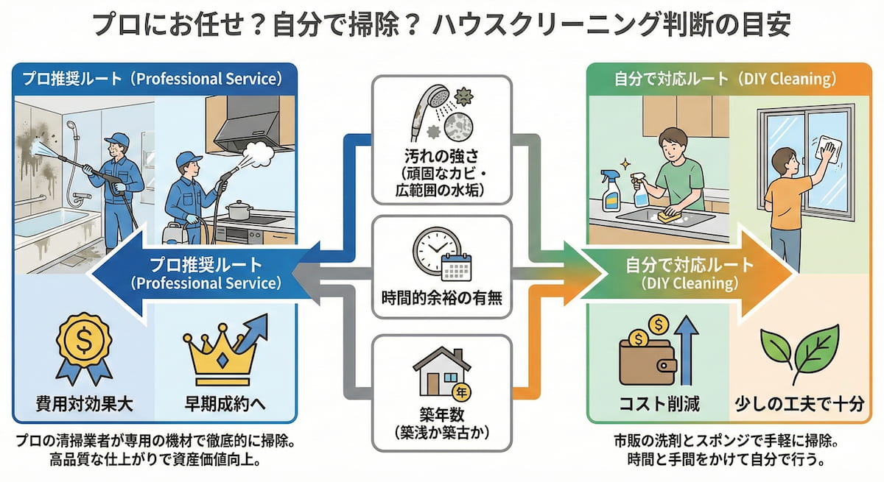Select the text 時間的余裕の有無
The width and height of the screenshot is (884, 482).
coord(441,299)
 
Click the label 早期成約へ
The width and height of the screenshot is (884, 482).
coord(223,403)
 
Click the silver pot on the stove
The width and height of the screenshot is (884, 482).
coord(239,211)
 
